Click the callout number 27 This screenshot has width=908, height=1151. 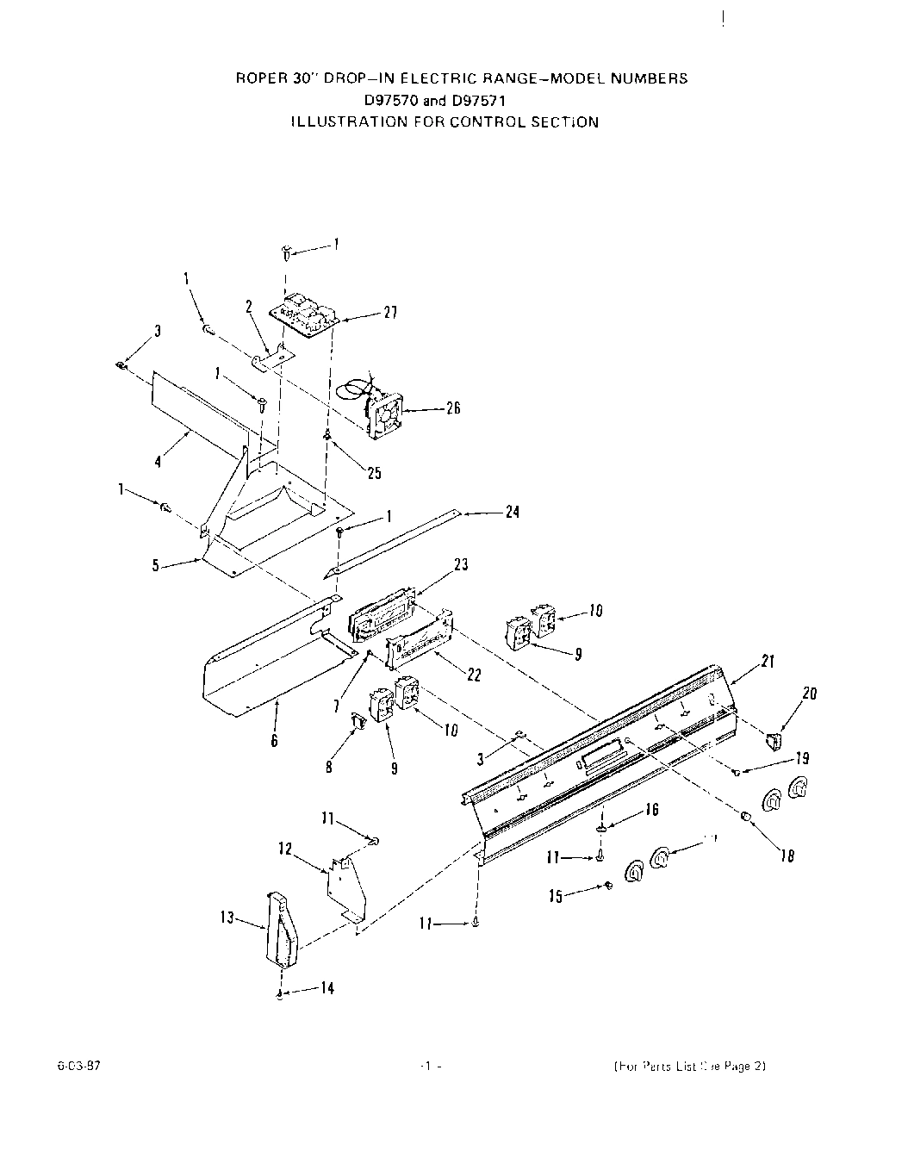click(389, 314)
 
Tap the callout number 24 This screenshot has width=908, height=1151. click(512, 513)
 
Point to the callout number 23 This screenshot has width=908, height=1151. click(461, 565)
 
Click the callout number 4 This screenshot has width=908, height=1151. click(158, 461)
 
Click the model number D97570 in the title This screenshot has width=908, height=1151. click(389, 100)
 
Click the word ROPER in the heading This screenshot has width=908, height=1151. click(256, 78)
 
